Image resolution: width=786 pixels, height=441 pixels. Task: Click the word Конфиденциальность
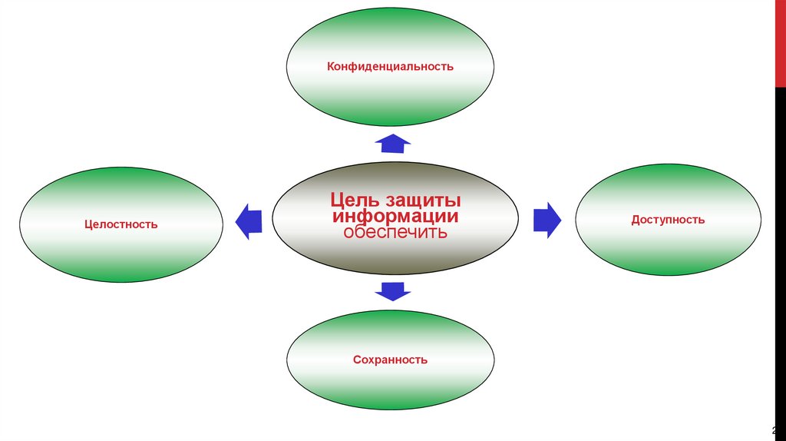click(390, 67)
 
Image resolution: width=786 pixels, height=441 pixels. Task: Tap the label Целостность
click(121, 224)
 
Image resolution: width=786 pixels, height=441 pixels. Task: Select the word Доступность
click(668, 220)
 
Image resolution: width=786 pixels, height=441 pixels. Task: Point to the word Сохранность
click(390, 360)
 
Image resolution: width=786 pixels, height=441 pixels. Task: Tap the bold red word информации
click(390, 217)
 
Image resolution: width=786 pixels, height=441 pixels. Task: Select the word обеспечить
click(390, 232)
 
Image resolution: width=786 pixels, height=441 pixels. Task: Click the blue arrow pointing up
click(392, 142)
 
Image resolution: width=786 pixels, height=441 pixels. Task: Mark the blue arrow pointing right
click(547, 219)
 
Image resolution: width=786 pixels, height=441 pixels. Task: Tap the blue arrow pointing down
click(392, 290)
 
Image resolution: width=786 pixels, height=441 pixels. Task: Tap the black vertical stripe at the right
click(779, 230)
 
